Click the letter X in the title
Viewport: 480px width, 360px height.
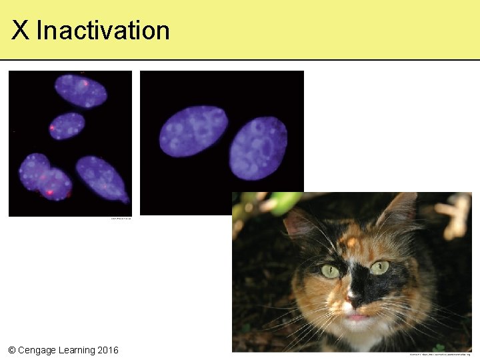(20, 31)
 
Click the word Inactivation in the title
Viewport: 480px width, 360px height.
(103, 31)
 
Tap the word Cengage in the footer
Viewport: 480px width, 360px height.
(41, 350)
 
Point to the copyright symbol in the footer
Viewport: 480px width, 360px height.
(12, 350)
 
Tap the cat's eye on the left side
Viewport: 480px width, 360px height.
(330, 271)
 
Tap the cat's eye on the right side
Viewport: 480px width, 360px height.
(379, 267)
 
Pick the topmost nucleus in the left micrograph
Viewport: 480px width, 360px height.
(81, 91)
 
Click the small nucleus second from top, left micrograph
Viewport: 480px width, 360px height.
(67, 125)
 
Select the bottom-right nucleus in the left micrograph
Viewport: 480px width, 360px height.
(101, 178)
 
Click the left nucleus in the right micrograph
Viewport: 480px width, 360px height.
(193, 131)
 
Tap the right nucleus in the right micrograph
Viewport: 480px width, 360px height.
(258, 148)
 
